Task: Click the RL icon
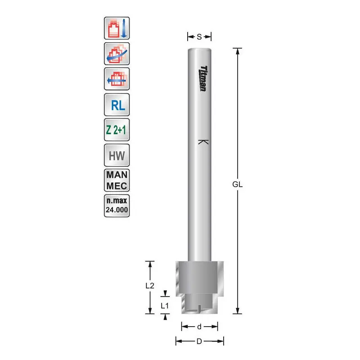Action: click(117, 105)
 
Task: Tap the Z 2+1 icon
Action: click(117, 130)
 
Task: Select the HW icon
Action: click(117, 155)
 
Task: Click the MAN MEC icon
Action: click(117, 180)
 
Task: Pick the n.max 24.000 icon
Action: click(117, 206)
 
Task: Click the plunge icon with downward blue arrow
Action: click(117, 28)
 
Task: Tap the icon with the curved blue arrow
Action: click(117, 54)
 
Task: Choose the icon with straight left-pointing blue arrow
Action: click(117, 79)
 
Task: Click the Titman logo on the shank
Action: click(203, 78)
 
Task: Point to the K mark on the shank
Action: click(203, 142)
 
